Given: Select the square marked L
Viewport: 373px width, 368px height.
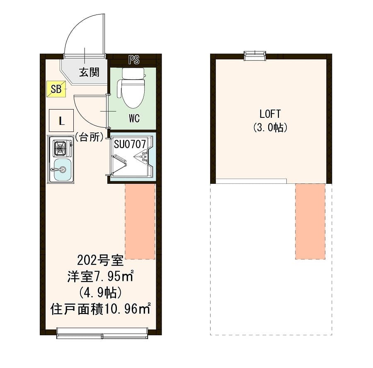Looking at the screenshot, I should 61,121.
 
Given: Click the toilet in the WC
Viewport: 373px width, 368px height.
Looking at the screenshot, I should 133,89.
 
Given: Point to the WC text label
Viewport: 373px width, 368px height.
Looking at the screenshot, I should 134,119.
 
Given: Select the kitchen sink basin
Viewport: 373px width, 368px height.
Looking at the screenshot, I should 61,169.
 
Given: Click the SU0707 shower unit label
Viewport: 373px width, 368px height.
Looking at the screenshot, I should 130,144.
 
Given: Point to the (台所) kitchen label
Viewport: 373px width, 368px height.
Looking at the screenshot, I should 89,137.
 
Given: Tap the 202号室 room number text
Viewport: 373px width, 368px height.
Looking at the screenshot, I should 100,261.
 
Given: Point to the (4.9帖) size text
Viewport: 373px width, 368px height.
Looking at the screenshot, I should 100,292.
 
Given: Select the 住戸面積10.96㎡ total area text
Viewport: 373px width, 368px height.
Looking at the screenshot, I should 100,309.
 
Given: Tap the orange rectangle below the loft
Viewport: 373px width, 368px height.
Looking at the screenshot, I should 310,221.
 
